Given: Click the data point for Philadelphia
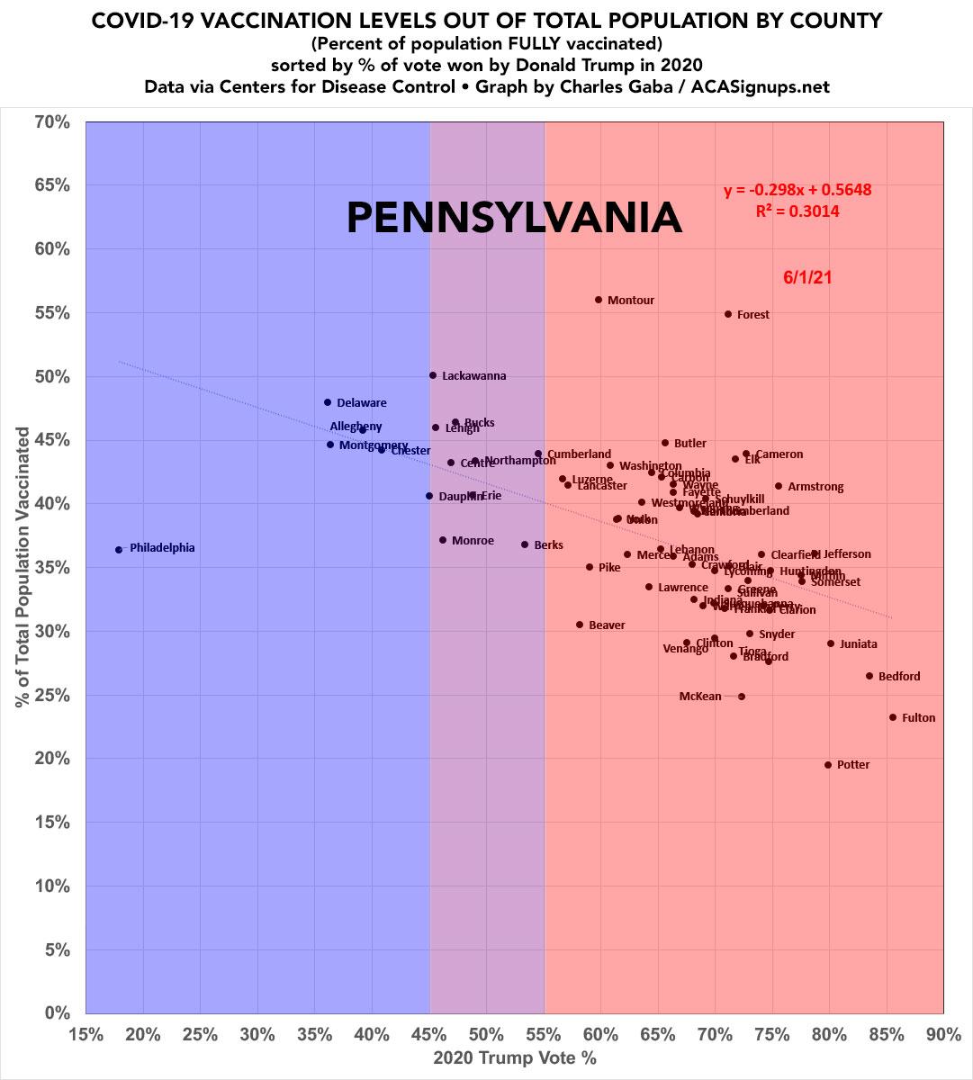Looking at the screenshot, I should (119, 549).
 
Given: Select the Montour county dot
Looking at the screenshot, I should (599, 300).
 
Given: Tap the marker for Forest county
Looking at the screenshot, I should (728, 314).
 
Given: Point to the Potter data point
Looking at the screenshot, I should (828, 765).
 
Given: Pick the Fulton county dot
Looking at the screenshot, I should (893, 717).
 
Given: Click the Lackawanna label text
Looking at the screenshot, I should (473, 376).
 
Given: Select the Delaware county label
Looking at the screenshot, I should (361, 403).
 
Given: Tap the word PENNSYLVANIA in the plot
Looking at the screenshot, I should (514, 218).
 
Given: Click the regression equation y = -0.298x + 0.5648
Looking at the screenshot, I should (797, 190).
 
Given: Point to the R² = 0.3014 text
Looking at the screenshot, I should (797, 211).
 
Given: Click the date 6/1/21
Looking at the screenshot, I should (807, 277).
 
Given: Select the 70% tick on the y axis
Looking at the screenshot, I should (52, 121).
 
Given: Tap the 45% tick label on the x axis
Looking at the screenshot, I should (429, 1033).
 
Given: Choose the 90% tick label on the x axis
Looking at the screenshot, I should (943, 1033).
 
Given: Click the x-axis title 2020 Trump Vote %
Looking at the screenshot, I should (515, 1057).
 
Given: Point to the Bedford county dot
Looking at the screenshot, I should (869, 676).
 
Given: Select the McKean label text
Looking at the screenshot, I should (700, 697).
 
